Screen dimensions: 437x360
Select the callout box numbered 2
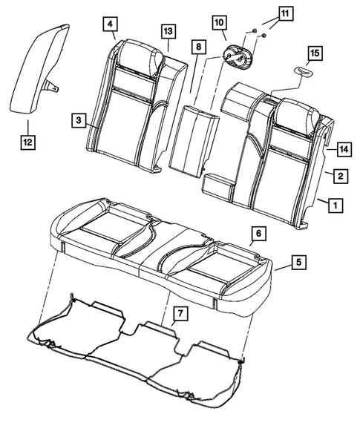click(x=338, y=176)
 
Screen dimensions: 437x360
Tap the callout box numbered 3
click(x=78, y=119)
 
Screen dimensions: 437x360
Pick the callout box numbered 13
click(x=168, y=30)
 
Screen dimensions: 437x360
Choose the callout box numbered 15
click(x=315, y=53)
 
